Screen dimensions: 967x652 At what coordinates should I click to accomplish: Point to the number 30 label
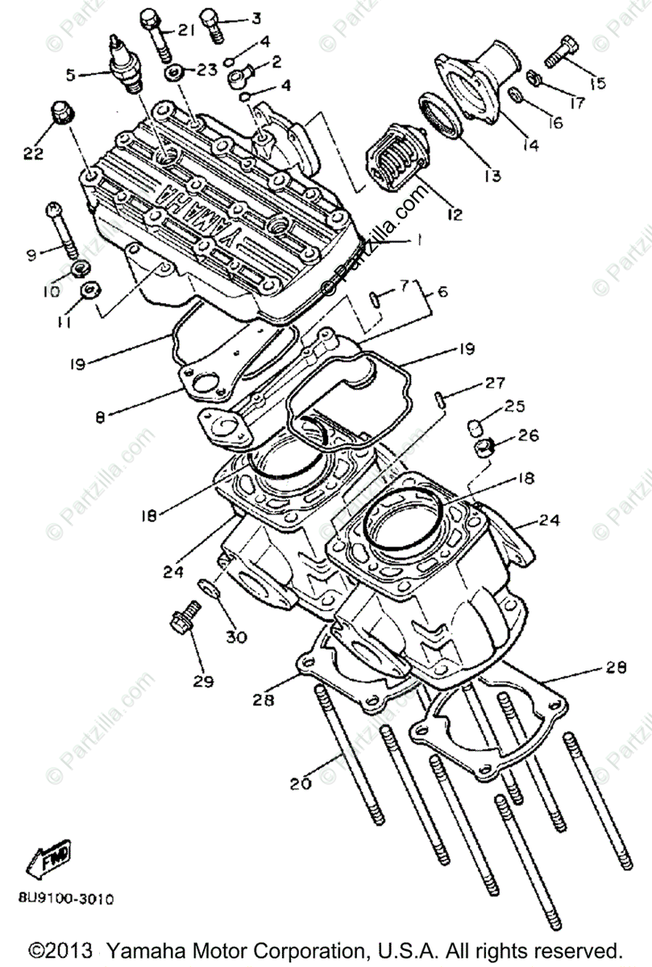235,636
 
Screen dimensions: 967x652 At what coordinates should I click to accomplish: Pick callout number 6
443,294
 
